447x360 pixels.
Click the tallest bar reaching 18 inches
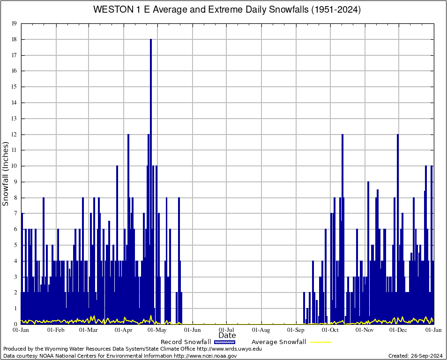[151, 141]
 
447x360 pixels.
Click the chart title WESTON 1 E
[227, 10]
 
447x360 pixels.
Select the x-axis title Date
[227, 336]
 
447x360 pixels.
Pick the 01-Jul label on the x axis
[227, 330]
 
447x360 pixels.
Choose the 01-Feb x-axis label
[56, 330]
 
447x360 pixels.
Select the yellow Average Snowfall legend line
[320, 342]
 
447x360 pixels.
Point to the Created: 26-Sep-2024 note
[415, 356]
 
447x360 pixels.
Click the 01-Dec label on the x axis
[399, 330]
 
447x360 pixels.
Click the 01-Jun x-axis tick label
[193, 330]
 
